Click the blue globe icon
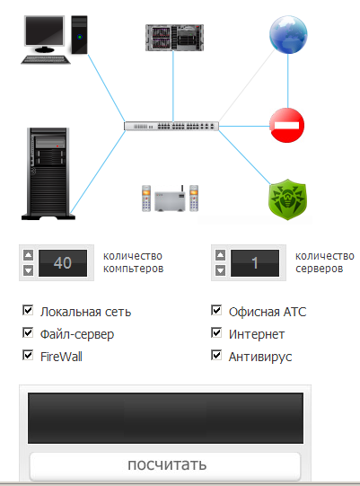pyautogui.click(x=288, y=34)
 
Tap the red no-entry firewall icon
pyautogui.click(x=287, y=125)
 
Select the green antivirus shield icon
pyautogui.click(x=287, y=199)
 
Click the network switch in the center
pyautogui.click(x=171, y=126)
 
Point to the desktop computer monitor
pyautogui.click(x=45, y=33)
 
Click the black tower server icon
pyautogui.click(x=48, y=173)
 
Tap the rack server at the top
pyautogui.click(x=174, y=38)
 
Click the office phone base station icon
pyautogui.click(x=170, y=199)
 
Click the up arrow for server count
pyautogui.click(x=220, y=255)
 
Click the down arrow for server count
pyautogui.click(x=220, y=270)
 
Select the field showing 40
pyautogui.click(x=63, y=263)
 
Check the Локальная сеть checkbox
pyautogui.click(x=28, y=310)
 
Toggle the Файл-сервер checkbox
pyautogui.click(x=28, y=332)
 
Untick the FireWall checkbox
pyautogui.click(x=28, y=355)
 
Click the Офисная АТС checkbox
pyautogui.click(x=216, y=310)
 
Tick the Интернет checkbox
pyautogui.click(x=216, y=332)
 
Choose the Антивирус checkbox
pyautogui.click(x=216, y=355)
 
